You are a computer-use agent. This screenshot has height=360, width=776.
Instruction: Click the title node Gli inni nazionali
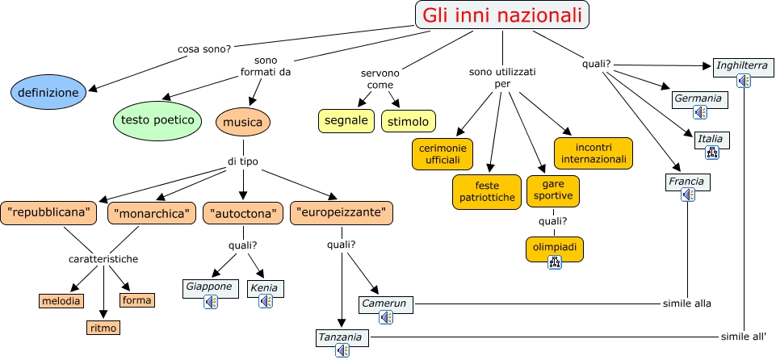[501, 15]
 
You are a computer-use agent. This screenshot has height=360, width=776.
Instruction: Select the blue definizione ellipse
[49, 93]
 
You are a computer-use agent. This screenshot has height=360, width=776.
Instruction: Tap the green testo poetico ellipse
[157, 120]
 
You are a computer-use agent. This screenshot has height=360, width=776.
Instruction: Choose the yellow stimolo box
[409, 121]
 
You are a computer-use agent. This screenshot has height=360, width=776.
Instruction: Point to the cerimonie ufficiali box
[443, 153]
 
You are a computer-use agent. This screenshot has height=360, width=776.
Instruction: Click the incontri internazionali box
[594, 153]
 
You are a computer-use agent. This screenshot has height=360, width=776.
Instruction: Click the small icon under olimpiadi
[555, 262]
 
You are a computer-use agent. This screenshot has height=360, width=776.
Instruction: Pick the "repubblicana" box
[49, 213]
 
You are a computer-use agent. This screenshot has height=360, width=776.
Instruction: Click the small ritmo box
[104, 328]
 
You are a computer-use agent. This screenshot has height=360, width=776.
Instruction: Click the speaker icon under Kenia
[266, 301]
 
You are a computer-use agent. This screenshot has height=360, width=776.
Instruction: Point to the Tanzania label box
[343, 337]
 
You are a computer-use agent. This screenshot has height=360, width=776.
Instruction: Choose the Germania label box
[699, 99]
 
